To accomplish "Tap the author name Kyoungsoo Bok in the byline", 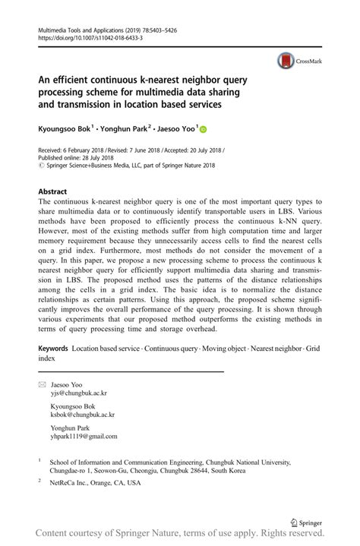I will pyautogui.click(x=65, y=129).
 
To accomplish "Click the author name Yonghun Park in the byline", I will pyautogui.click(x=126, y=129).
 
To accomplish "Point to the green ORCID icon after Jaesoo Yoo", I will pyautogui.click(x=203, y=130).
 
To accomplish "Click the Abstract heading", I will pyautogui.click(x=52, y=191).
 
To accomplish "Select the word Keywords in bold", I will pyautogui.click(x=53, y=348).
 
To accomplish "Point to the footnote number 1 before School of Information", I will pyautogui.click(x=39, y=459).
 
